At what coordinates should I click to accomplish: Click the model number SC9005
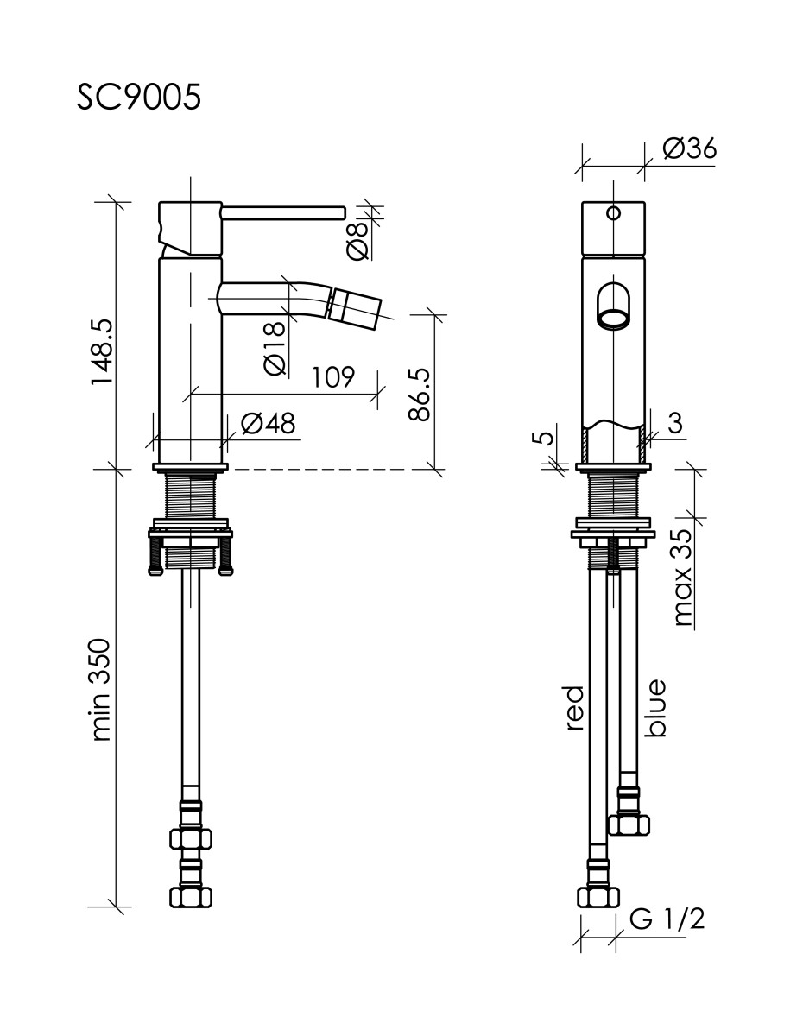point(139,98)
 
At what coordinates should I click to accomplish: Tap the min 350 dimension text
point(102,690)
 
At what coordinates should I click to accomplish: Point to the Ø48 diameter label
point(268,424)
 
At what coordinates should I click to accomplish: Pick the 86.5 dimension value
point(419,395)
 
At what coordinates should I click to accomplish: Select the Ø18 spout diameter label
point(275,349)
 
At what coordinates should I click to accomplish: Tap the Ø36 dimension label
point(689,148)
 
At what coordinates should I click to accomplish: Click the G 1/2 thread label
point(667,919)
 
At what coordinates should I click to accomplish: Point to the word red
point(574,708)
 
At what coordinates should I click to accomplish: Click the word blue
point(656,708)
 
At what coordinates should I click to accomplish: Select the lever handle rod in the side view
point(283,212)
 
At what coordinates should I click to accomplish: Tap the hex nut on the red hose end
point(597,896)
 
